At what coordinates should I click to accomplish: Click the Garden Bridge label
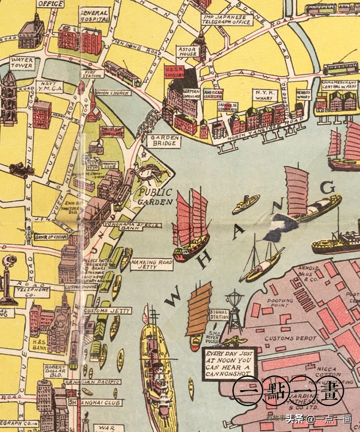coord(165,141)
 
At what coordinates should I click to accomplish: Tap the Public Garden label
coord(155,196)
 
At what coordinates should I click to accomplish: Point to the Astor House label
coord(187,51)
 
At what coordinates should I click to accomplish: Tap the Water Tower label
coord(22,63)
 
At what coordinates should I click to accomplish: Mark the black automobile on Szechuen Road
coord(22,170)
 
